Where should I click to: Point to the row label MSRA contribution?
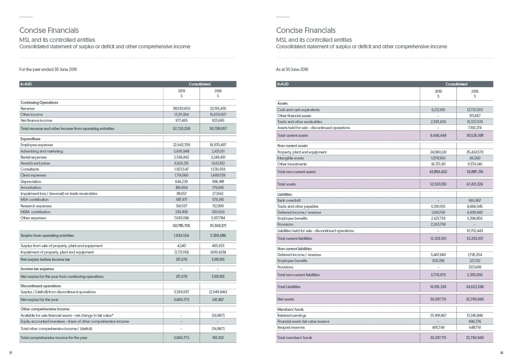click(x=35, y=212)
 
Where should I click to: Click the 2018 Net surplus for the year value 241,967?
click(x=218, y=300)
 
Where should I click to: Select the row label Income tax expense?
click(x=37, y=269)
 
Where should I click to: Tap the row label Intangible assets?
click(x=290, y=158)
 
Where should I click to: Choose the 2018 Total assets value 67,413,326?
click(x=474, y=184)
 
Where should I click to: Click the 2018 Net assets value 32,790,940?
click(x=474, y=299)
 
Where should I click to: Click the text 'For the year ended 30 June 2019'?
click(x=48, y=69)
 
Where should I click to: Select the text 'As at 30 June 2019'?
click(x=292, y=69)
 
